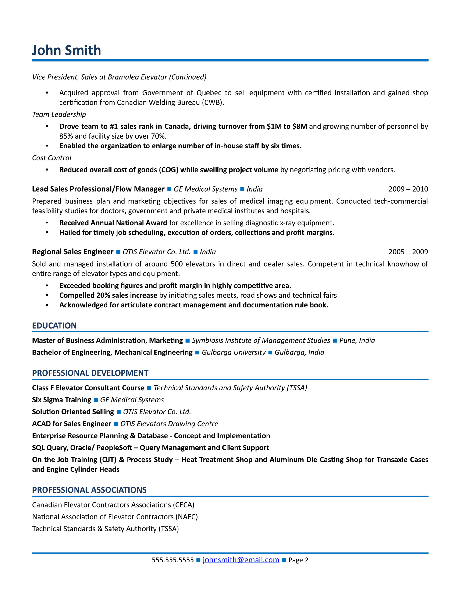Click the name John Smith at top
tap(67, 51)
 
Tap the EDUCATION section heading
tap(54, 325)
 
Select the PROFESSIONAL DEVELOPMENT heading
tap(90, 373)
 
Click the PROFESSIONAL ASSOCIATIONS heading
tap(89, 490)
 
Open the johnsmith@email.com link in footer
tap(241, 560)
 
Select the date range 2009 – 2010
tap(408, 189)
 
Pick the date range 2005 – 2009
tap(408, 252)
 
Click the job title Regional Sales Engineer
tap(73, 252)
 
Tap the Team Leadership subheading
tap(59, 114)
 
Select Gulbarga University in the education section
tap(233, 352)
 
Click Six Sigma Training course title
tap(61, 400)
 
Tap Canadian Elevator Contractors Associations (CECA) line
tap(113, 505)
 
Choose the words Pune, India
tap(357, 340)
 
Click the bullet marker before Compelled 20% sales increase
tap(47, 295)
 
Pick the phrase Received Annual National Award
tap(113, 223)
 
